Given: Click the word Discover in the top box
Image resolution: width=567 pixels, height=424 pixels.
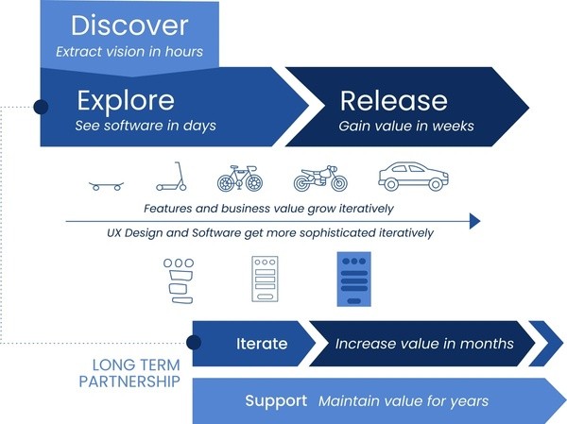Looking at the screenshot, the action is click(129, 25).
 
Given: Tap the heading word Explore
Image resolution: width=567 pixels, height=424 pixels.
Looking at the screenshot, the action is click(126, 100).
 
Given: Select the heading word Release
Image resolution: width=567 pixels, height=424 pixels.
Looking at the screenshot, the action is click(393, 100).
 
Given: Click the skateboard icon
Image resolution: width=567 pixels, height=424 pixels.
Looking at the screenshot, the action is click(106, 186).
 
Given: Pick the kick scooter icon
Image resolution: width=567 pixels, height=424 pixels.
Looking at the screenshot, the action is click(171, 176).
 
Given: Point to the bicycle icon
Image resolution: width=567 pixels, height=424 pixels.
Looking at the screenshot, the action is click(240, 178).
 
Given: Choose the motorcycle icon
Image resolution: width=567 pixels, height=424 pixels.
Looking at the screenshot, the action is click(320, 178).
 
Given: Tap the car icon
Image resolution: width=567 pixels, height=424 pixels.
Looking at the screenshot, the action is click(413, 176).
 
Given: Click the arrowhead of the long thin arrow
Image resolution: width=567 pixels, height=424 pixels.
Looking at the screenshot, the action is click(474, 221).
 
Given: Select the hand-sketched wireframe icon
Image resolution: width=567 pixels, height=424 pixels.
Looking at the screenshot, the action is click(179, 280).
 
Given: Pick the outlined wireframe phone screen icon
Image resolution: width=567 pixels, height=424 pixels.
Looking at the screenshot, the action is click(265, 280).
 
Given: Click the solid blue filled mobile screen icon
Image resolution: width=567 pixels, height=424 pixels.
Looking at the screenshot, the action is click(354, 280).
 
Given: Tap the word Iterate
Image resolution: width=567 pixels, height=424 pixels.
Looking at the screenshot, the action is click(262, 344).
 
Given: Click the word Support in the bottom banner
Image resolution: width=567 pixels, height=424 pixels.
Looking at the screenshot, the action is click(276, 401).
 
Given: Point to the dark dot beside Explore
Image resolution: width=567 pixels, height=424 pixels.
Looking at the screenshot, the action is click(41, 107).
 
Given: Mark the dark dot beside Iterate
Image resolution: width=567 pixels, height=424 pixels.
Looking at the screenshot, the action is click(194, 343).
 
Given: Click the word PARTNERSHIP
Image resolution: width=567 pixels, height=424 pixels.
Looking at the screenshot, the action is click(129, 382).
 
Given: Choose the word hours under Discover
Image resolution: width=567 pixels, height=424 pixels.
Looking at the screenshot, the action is click(184, 51).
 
